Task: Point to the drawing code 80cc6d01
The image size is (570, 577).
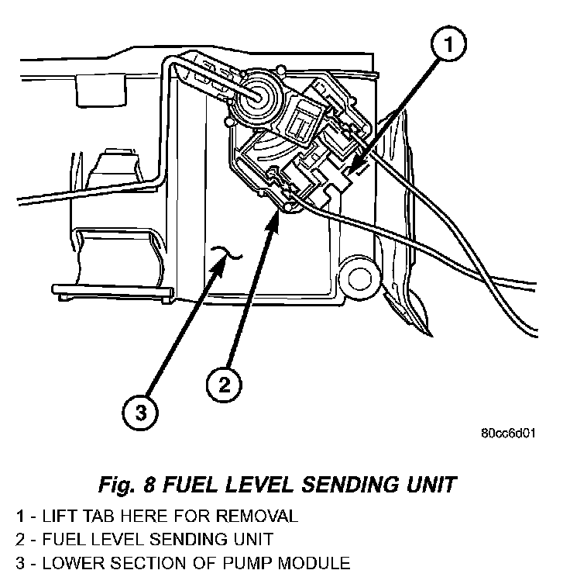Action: coord(509,433)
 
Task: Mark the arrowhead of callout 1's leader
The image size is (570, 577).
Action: coord(349,171)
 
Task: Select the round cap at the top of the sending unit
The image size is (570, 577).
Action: coord(256,97)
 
